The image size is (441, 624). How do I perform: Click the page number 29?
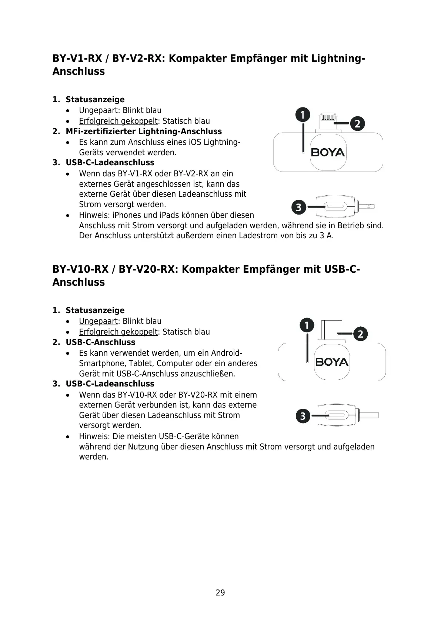[220, 593]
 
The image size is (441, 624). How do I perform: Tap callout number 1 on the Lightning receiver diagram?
[303, 115]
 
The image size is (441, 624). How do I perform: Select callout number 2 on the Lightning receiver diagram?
[357, 123]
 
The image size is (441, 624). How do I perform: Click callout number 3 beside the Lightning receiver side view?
[299, 207]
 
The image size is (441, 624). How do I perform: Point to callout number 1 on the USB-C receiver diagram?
[307, 325]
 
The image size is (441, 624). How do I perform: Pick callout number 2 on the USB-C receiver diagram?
[360, 334]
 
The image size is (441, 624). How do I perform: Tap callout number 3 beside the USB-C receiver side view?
[303, 416]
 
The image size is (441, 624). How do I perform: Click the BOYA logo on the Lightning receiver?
[328, 152]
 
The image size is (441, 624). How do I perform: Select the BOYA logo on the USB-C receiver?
[332, 362]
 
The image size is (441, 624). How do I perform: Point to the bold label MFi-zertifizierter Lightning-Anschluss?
[144, 132]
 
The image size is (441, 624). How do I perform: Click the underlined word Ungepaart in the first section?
[98, 110]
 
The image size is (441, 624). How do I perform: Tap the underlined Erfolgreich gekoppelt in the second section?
[118, 332]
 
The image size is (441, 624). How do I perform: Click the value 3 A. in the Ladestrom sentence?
[327, 236]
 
